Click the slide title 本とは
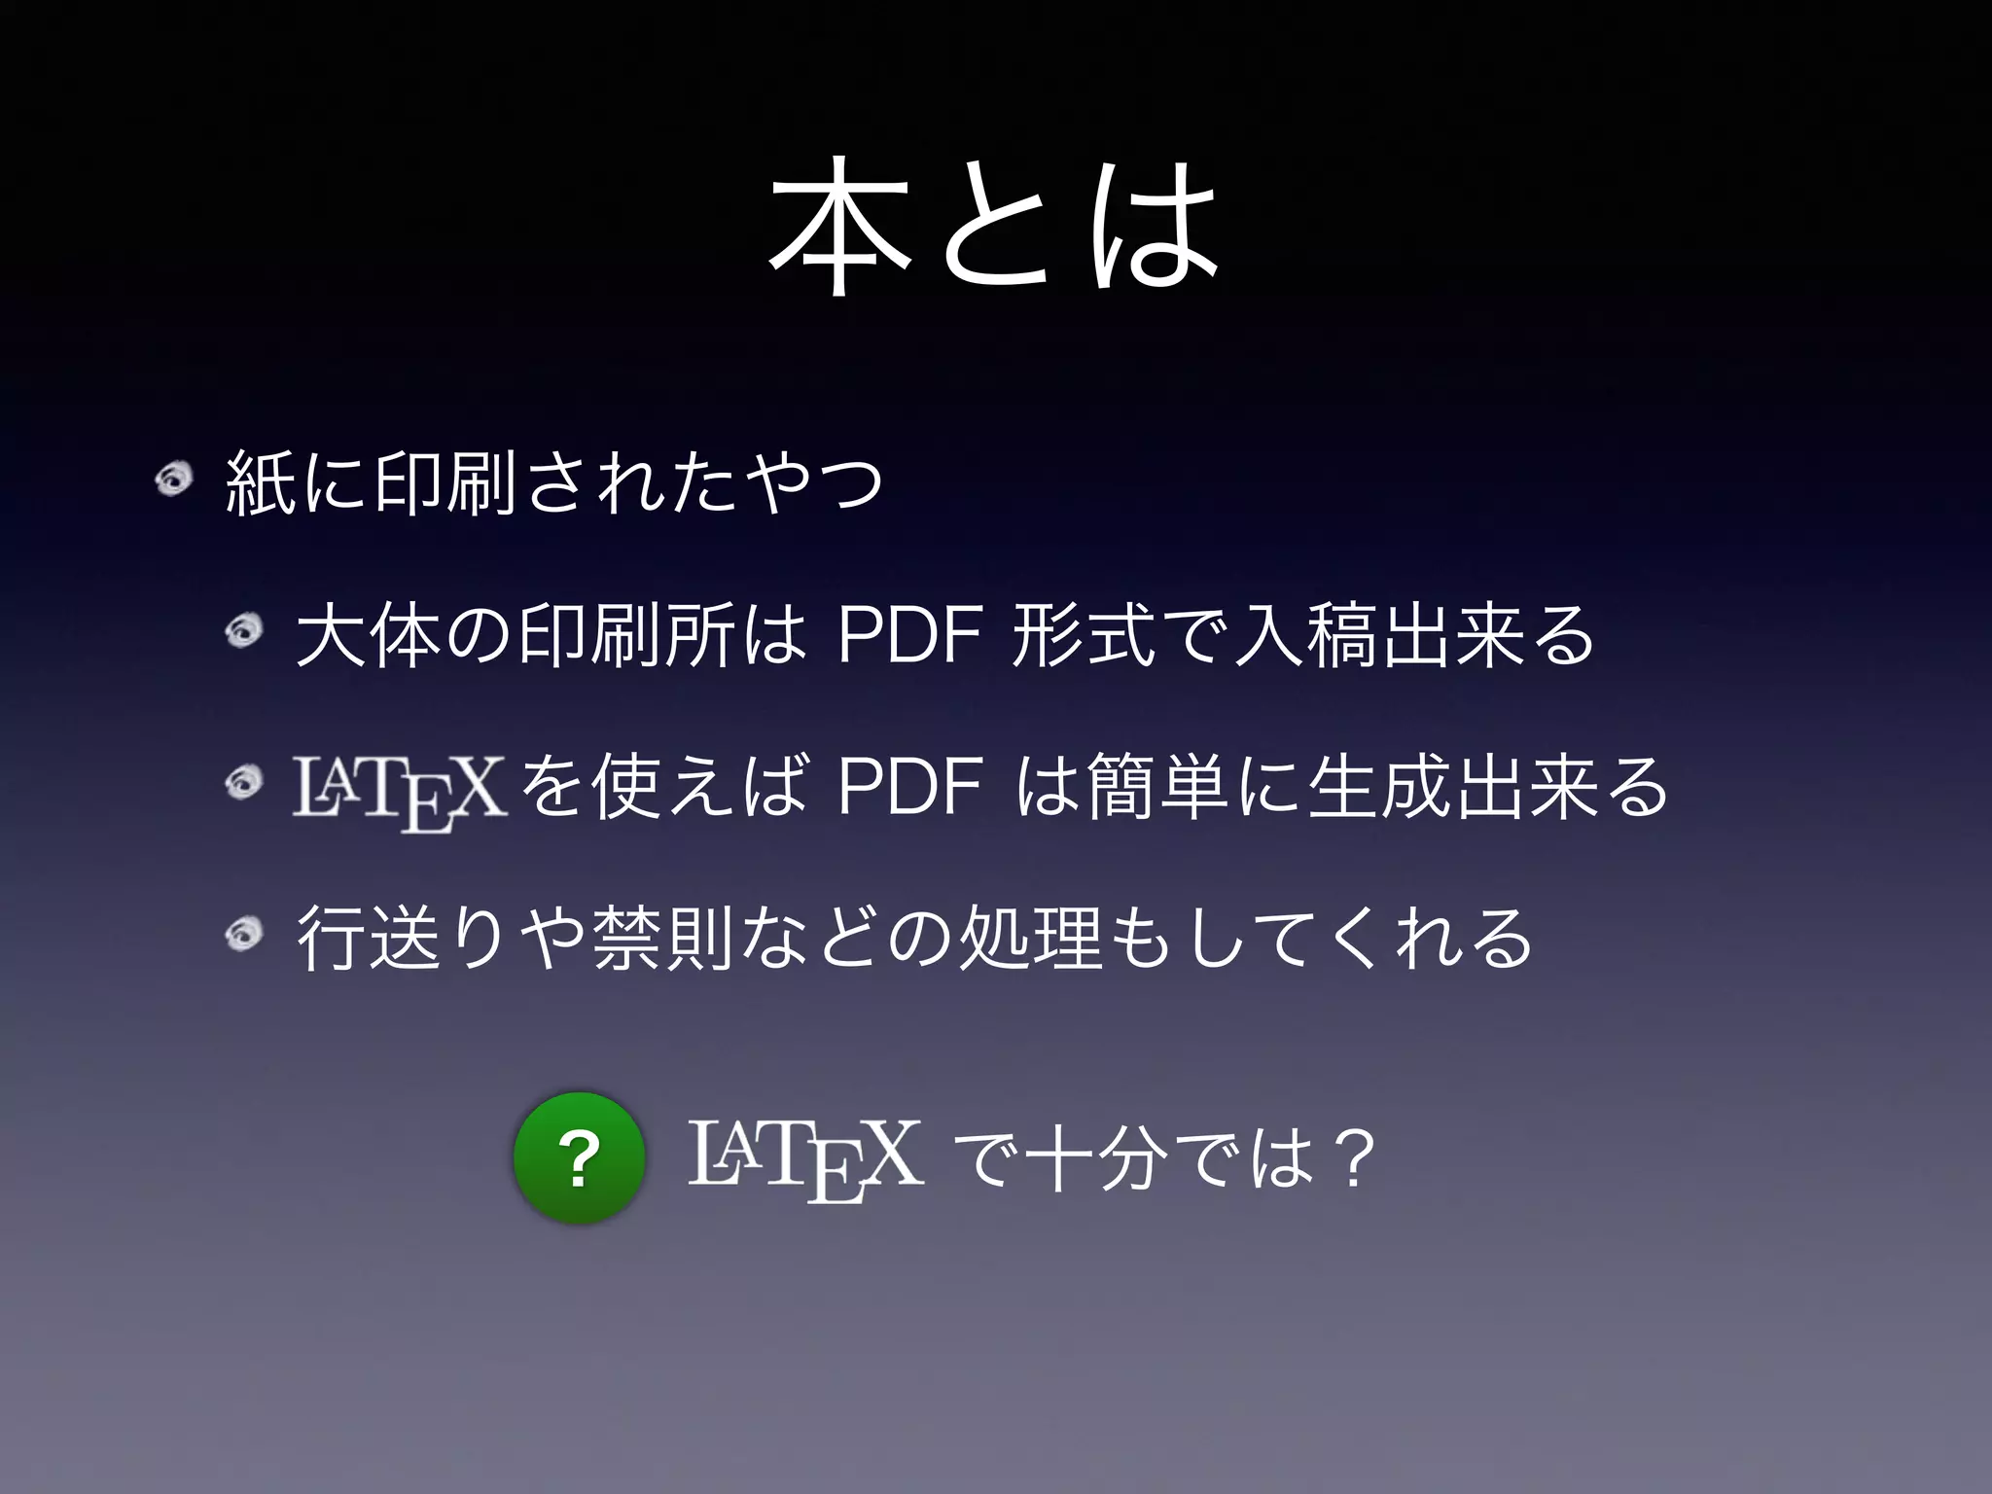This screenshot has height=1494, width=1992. (994, 236)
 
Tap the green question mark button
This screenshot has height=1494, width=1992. (580, 1158)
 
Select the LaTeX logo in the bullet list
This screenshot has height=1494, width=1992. (399, 791)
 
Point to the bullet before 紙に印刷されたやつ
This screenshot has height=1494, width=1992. (174, 480)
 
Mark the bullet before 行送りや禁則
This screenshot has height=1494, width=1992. (244, 935)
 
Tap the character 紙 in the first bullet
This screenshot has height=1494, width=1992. (260, 481)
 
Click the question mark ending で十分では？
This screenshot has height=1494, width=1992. (1354, 1160)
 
